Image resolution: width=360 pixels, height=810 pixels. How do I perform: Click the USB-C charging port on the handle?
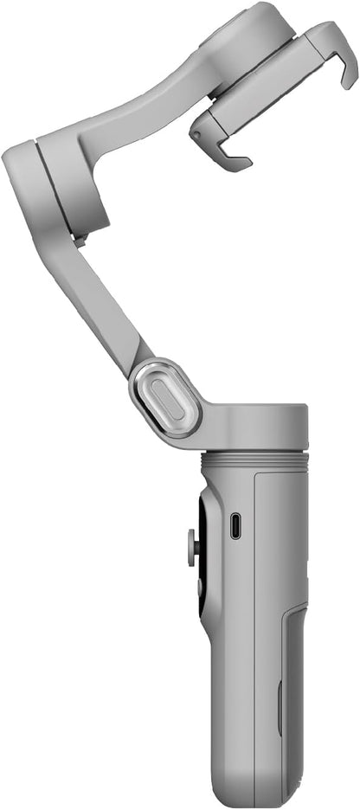point(235,525)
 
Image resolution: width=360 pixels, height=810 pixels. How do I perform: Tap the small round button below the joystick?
point(198,586)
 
